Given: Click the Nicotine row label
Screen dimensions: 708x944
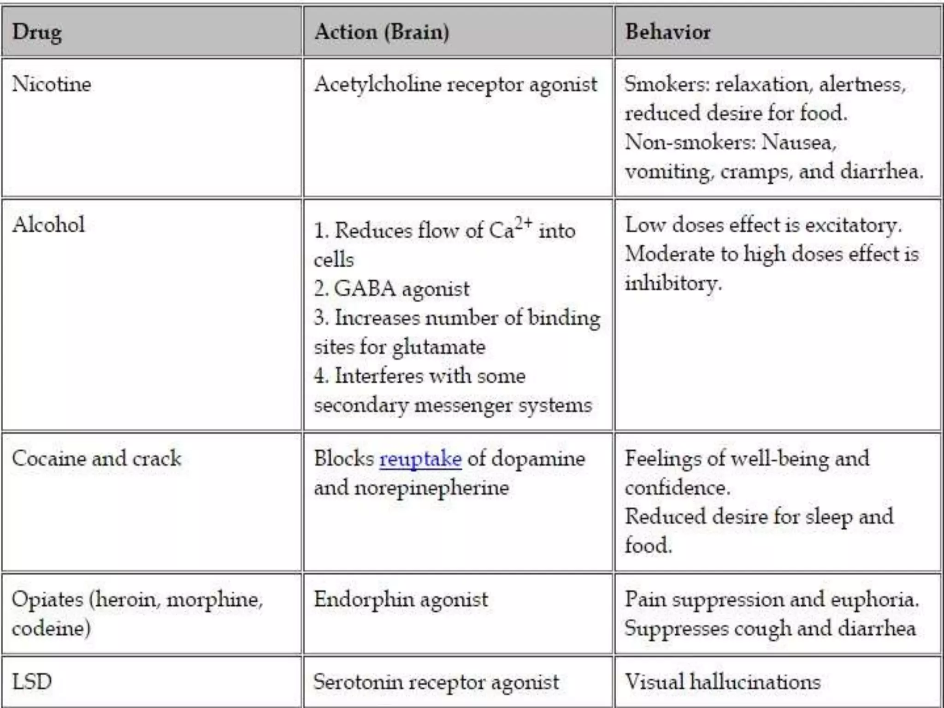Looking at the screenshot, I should click(52, 84).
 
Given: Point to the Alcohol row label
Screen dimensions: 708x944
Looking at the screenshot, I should click(48, 225).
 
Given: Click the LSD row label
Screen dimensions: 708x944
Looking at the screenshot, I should click(32, 682).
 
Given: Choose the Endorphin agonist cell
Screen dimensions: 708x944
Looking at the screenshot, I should click(401, 600).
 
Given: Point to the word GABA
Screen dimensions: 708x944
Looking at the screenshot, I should click(365, 289).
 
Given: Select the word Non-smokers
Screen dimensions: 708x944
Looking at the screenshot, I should click(690, 142).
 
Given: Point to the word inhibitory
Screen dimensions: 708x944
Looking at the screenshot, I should click(673, 283).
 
